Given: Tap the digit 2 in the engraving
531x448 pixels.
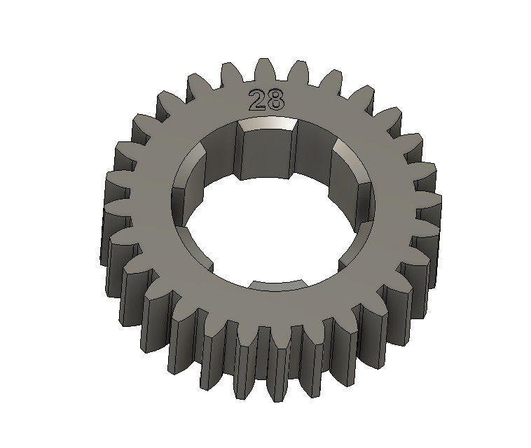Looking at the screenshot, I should point(257,100).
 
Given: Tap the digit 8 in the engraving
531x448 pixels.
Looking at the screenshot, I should point(275,100).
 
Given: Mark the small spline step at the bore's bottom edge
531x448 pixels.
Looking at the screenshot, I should point(280,283).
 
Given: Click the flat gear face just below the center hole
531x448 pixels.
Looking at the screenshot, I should point(273,308).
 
